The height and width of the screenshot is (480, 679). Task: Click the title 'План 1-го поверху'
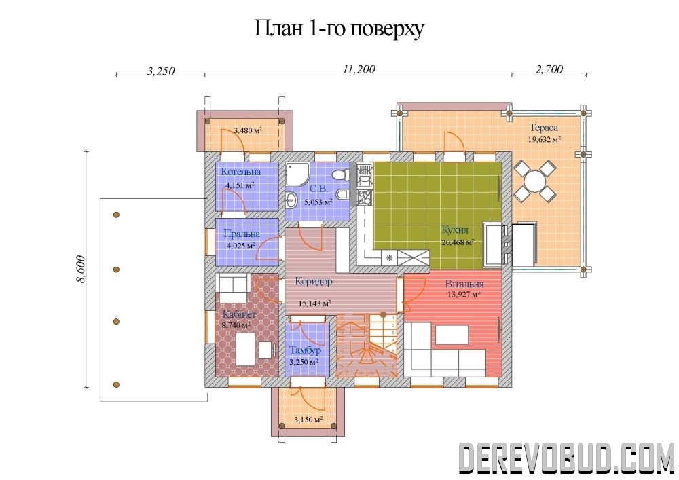(x=339, y=29)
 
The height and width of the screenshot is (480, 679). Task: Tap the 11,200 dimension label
(x=359, y=69)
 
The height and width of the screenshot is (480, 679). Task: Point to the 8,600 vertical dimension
(x=81, y=270)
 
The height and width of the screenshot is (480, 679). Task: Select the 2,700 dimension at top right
(x=549, y=69)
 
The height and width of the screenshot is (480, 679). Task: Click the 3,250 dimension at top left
(x=161, y=71)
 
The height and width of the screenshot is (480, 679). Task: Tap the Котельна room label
(x=241, y=172)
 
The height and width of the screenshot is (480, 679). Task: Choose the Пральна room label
(x=242, y=234)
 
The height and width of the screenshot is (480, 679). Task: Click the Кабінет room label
(x=240, y=314)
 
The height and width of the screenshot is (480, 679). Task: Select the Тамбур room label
(x=306, y=350)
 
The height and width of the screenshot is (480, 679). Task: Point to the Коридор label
(x=314, y=282)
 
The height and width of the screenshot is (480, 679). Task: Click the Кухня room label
(x=455, y=230)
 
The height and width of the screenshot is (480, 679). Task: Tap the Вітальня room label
(x=464, y=284)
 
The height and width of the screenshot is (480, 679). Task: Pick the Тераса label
(x=543, y=128)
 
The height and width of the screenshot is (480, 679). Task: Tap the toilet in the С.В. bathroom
(x=341, y=175)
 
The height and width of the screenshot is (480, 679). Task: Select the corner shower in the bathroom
(x=296, y=173)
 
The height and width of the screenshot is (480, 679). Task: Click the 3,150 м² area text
(x=308, y=420)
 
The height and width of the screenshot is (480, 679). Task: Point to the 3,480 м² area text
(x=248, y=130)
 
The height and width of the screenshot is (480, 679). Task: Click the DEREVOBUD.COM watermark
(x=566, y=458)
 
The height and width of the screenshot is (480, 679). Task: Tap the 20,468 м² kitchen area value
(x=458, y=242)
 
